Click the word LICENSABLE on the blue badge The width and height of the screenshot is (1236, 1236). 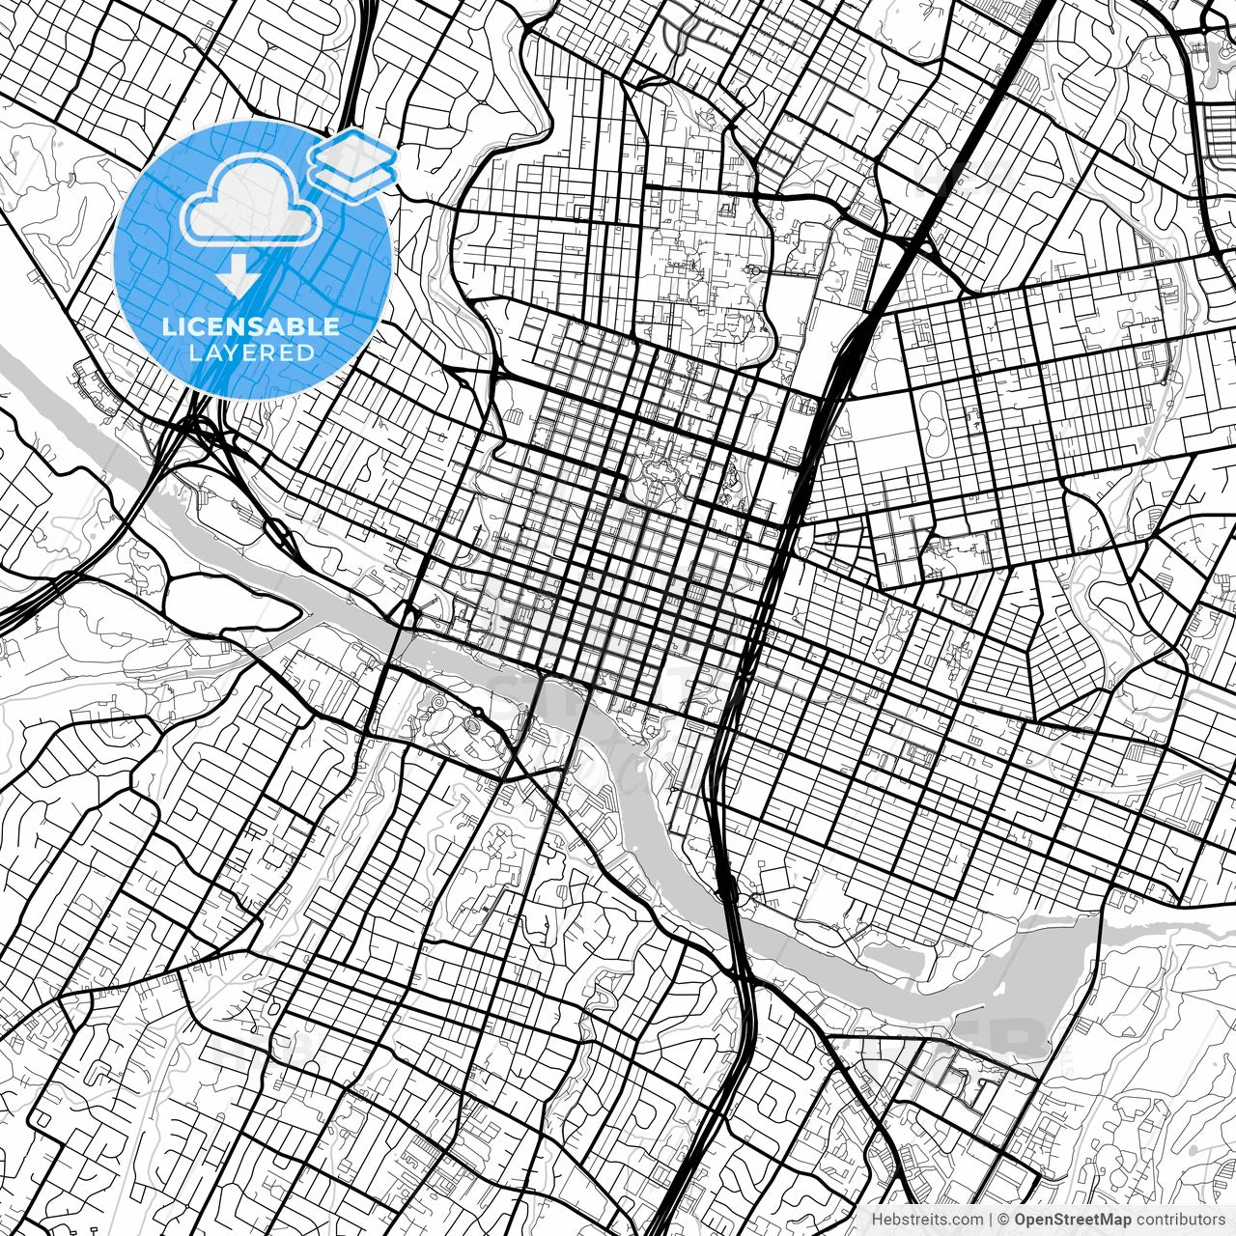coord(251,326)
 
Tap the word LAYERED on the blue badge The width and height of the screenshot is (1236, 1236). coord(251,352)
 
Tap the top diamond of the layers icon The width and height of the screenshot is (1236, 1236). coord(351,150)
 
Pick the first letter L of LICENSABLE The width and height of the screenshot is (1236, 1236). coord(168,326)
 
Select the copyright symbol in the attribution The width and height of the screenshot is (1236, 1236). coord(1004,1220)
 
